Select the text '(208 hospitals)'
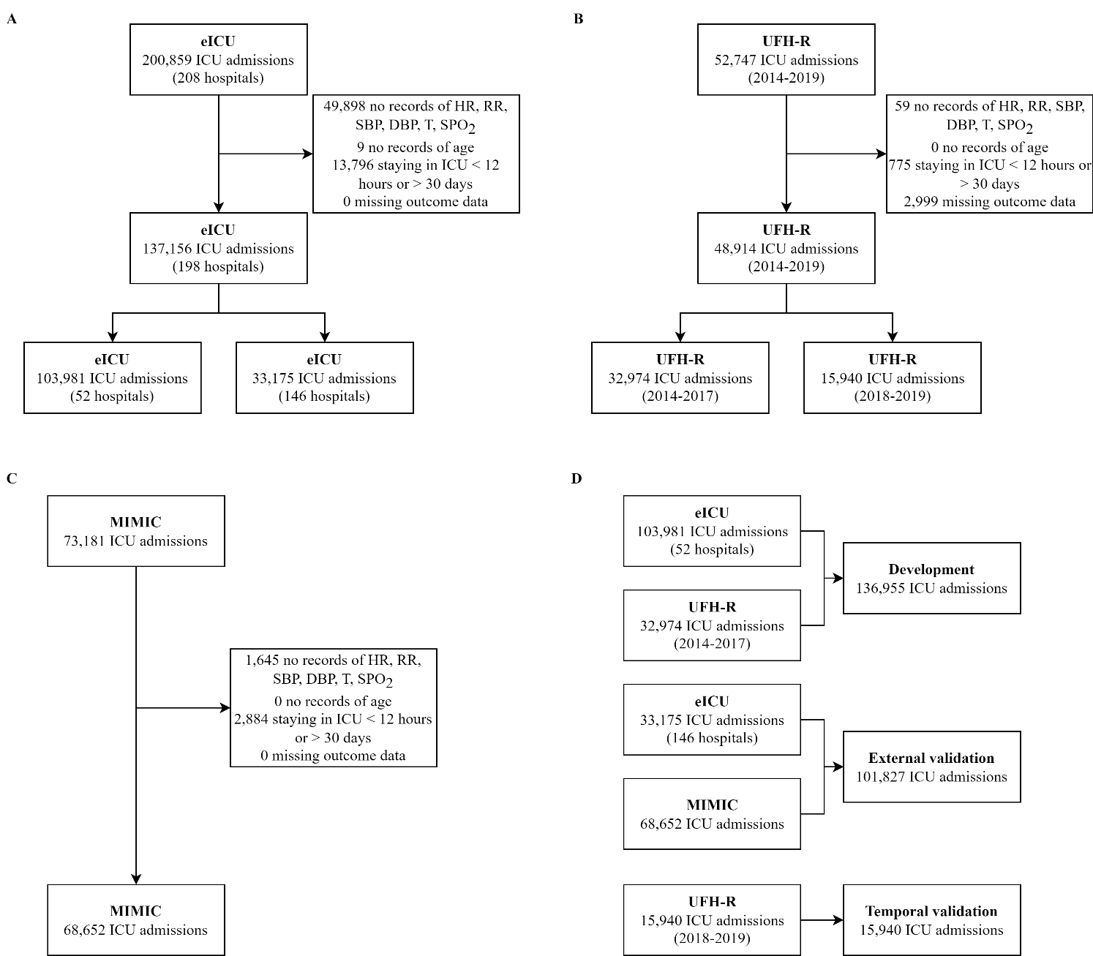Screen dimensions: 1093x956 [x=218, y=78]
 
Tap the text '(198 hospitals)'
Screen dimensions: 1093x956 [x=218, y=266]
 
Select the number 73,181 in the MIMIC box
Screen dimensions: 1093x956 [x=86, y=541]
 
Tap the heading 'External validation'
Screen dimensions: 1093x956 [x=931, y=759]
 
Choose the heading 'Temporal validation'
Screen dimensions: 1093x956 [x=931, y=911]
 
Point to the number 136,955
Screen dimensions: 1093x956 [x=879, y=589]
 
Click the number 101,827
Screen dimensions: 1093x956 [x=879, y=777]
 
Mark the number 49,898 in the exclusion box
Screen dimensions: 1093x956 [x=345, y=105]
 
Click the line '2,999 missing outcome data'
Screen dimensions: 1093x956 [x=990, y=202]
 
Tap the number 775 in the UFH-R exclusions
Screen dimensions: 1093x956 [x=900, y=165]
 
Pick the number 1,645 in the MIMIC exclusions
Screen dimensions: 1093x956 [x=262, y=660]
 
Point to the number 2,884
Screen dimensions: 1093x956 [x=251, y=720]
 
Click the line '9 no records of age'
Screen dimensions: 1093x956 [x=416, y=147]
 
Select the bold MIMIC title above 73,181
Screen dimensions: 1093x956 [x=135, y=522]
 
